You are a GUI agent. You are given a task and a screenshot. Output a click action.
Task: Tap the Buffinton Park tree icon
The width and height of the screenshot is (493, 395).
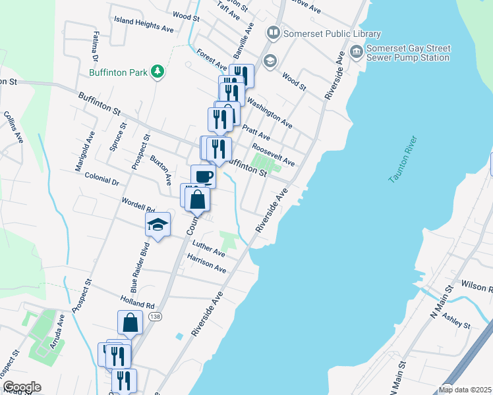click(158, 71)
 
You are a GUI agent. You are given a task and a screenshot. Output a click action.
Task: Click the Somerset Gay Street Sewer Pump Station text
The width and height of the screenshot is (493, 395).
click(409, 53)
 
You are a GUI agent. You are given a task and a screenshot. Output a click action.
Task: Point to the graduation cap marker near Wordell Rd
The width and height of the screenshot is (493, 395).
click(158, 224)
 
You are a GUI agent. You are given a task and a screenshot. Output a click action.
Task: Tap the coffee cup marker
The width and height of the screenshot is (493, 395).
click(203, 176)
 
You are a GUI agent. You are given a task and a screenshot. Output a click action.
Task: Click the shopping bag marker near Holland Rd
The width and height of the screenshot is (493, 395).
click(130, 323)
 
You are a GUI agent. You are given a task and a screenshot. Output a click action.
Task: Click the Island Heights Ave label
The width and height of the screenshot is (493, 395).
click(144, 24)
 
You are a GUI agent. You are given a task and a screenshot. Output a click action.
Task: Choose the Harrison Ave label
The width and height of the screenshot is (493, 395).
click(206, 265)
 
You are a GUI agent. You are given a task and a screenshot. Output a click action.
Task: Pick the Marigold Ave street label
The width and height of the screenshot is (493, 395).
click(85, 152)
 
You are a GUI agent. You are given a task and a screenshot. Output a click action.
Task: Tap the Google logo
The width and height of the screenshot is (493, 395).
click(22, 387)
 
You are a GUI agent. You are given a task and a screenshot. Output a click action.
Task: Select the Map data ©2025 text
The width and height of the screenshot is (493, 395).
click(464, 390)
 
